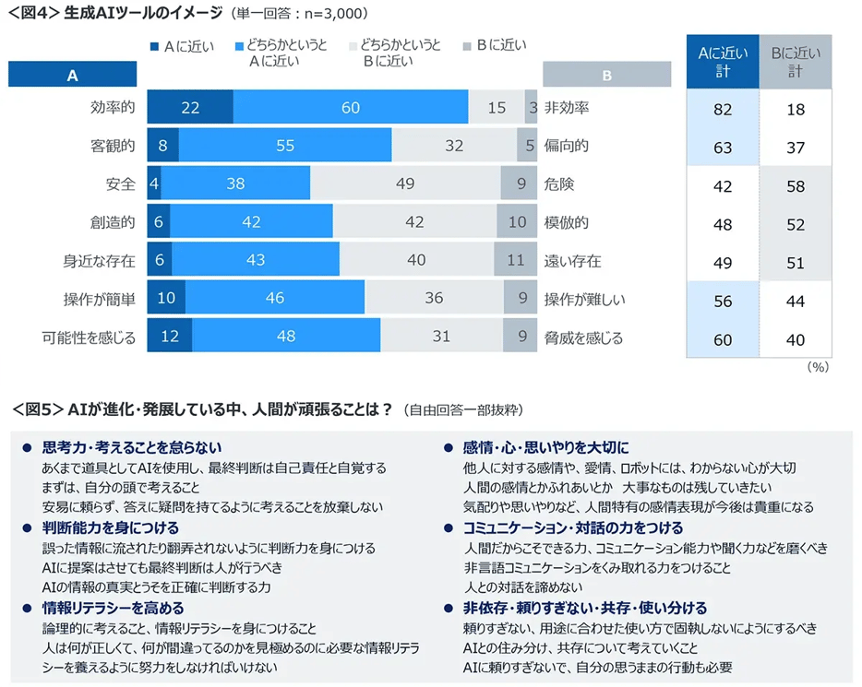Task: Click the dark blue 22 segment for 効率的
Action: pos(190,108)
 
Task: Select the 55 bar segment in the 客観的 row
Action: pos(285,146)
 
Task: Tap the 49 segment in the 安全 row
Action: pos(405,184)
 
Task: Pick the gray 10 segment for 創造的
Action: pos(517,222)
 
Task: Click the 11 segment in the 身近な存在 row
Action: pos(515,261)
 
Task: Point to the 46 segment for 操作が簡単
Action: pos(275,300)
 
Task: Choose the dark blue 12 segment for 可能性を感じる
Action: pos(170,338)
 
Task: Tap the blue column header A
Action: pos(73,76)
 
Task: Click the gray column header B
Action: pos(606,76)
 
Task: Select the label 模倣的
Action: pos(567,222)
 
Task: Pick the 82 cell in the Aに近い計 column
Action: pos(723,109)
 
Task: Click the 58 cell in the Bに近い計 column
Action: pos(795,186)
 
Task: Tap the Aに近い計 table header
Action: pos(723,62)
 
